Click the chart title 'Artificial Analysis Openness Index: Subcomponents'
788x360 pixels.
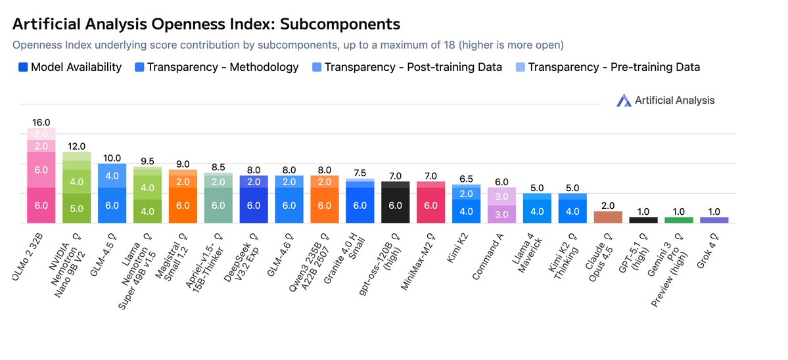(206, 24)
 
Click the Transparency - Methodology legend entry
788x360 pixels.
(217, 67)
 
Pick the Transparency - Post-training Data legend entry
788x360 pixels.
(407, 67)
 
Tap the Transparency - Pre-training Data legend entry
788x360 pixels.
(608, 67)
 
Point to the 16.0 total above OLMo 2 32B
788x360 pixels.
(41, 122)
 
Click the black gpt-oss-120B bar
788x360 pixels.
(396, 204)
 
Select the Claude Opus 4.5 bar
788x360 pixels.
(608, 217)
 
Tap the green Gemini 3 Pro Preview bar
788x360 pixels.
(679, 220)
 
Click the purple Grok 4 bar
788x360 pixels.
(714, 220)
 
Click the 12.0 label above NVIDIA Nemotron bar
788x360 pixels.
(76, 146)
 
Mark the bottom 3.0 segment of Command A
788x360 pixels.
(501, 214)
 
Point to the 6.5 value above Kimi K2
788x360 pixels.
(466, 179)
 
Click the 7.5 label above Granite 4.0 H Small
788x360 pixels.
(360, 173)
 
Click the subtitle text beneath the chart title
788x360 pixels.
(288, 45)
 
